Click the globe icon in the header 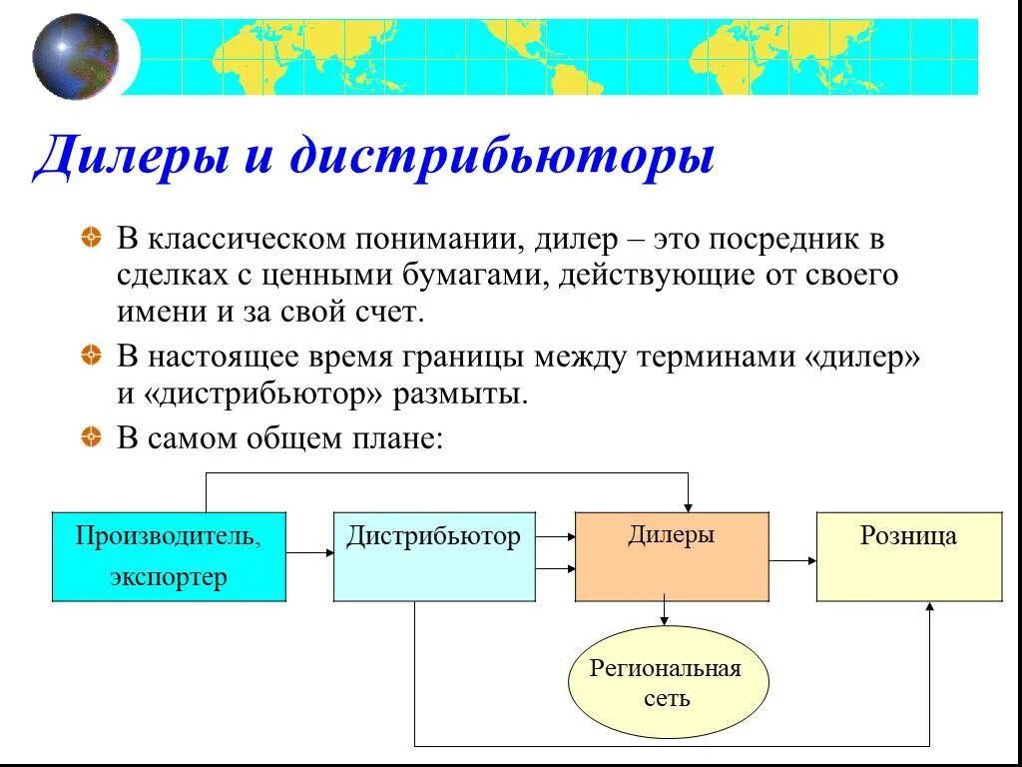tap(75, 57)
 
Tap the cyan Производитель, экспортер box tap(169, 556)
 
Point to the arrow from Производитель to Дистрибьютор tap(309, 551)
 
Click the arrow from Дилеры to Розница tap(793, 560)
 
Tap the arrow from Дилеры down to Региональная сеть tap(664, 612)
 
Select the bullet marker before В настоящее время tap(91, 355)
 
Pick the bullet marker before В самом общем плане tap(91, 436)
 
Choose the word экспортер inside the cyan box tap(169, 577)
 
